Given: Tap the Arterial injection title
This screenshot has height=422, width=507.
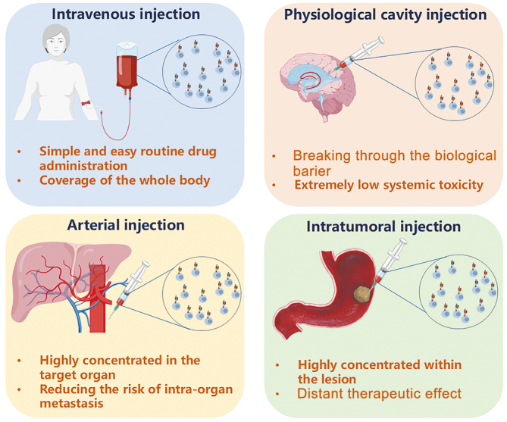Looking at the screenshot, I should click(126, 225).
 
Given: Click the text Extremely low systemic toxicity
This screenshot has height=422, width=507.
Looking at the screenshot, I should click(387, 184).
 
